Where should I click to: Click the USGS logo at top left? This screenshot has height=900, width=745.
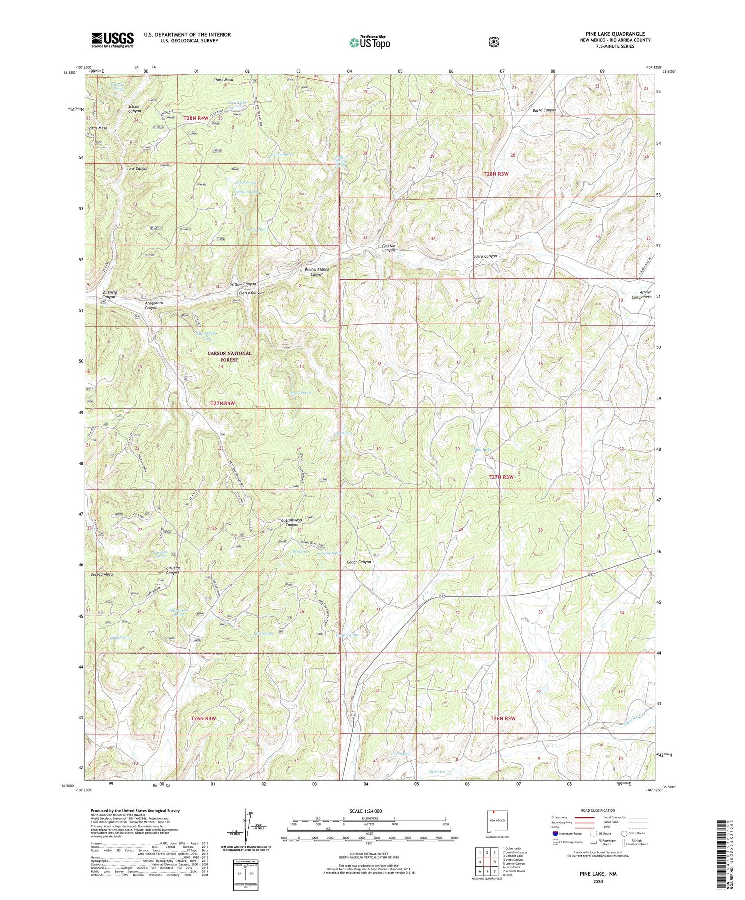(x=112, y=40)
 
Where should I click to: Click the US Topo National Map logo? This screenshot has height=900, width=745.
(x=370, y=42)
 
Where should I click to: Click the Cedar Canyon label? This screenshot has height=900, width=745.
(x=358, y=562)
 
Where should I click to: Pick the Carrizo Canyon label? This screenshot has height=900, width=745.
(x=388, y=248)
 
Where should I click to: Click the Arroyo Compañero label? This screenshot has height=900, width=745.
(x=641, y=294)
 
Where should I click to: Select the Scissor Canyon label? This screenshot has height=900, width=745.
(x=134, y=109)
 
